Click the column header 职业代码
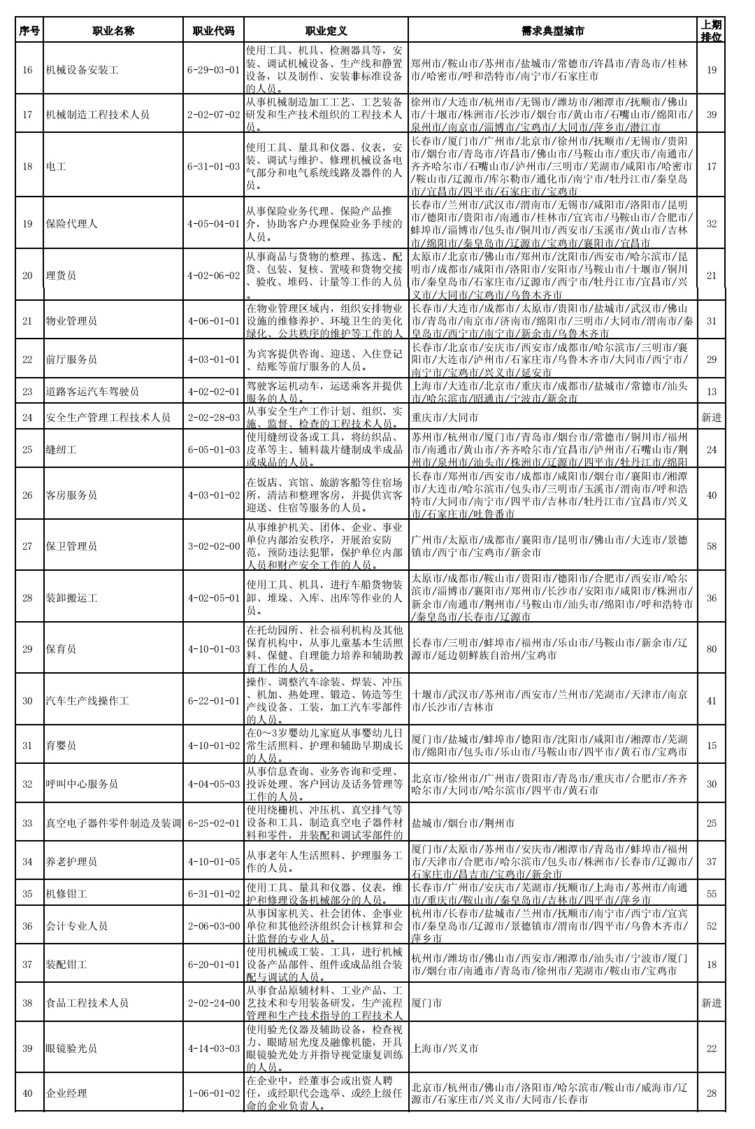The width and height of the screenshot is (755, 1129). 214,31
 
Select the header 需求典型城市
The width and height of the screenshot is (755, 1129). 552,31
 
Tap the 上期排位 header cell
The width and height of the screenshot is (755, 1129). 711,31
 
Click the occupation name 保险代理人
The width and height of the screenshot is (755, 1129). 71,224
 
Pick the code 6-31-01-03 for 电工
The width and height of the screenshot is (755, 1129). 214,166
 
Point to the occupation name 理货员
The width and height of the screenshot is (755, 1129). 61,276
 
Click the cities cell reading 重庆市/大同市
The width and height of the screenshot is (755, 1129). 445,418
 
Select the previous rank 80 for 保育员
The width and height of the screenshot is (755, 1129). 711,649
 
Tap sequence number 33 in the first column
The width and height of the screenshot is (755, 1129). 28,823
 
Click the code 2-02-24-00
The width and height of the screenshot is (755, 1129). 214,1003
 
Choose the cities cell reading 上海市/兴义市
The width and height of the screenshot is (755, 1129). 445,1049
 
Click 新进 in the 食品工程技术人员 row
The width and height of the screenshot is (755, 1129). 711,1003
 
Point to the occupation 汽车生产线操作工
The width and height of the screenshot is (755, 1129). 87,701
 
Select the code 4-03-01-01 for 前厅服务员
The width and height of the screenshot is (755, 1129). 214,360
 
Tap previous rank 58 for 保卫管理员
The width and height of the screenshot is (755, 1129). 711,546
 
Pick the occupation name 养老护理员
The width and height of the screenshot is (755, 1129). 71,862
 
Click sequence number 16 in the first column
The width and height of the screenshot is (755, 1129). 28,70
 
